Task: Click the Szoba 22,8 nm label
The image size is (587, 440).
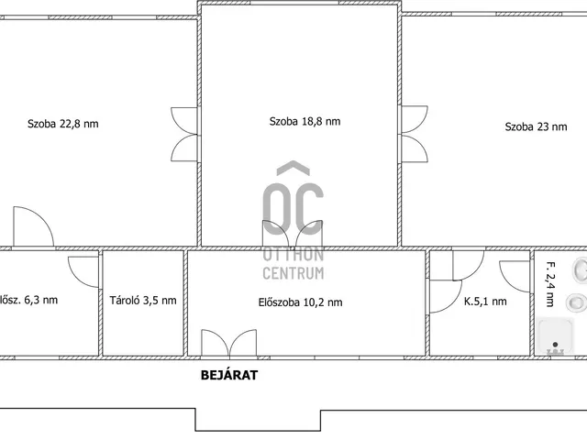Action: [x=63, y=124]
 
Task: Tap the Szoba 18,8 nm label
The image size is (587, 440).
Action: [x=305, y=121]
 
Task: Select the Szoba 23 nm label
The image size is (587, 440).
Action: [x=536, y=126]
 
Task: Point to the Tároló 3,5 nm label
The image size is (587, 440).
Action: [x=143, y=300]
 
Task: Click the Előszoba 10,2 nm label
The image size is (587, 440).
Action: [x=300, y=302]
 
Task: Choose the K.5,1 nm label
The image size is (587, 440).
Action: [x=485, y=302]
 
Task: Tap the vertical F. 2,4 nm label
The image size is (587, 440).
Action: [x=550, y=284]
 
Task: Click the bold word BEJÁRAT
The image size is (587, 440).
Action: [x=229, y=375]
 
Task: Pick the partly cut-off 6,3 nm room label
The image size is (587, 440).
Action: [x=28, y=300]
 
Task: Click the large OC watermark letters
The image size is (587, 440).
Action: [x=293, y=209]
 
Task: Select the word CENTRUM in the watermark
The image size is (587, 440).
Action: [x=293, y=273]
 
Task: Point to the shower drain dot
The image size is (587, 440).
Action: [x=555, y=345]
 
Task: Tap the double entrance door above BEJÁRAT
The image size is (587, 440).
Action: [x=229, y=343]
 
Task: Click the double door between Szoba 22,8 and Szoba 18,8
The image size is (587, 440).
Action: [x=184, y=135]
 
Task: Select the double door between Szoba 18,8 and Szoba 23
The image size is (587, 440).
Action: [x=415, y=134]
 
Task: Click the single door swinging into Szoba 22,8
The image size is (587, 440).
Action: [x=34, y=226]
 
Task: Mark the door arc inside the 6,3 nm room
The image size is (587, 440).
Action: [x=83, y=272]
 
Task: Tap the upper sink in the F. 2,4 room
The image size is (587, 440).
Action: [x=581, y=269]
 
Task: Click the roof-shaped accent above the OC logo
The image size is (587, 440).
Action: [x=293, y=168]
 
